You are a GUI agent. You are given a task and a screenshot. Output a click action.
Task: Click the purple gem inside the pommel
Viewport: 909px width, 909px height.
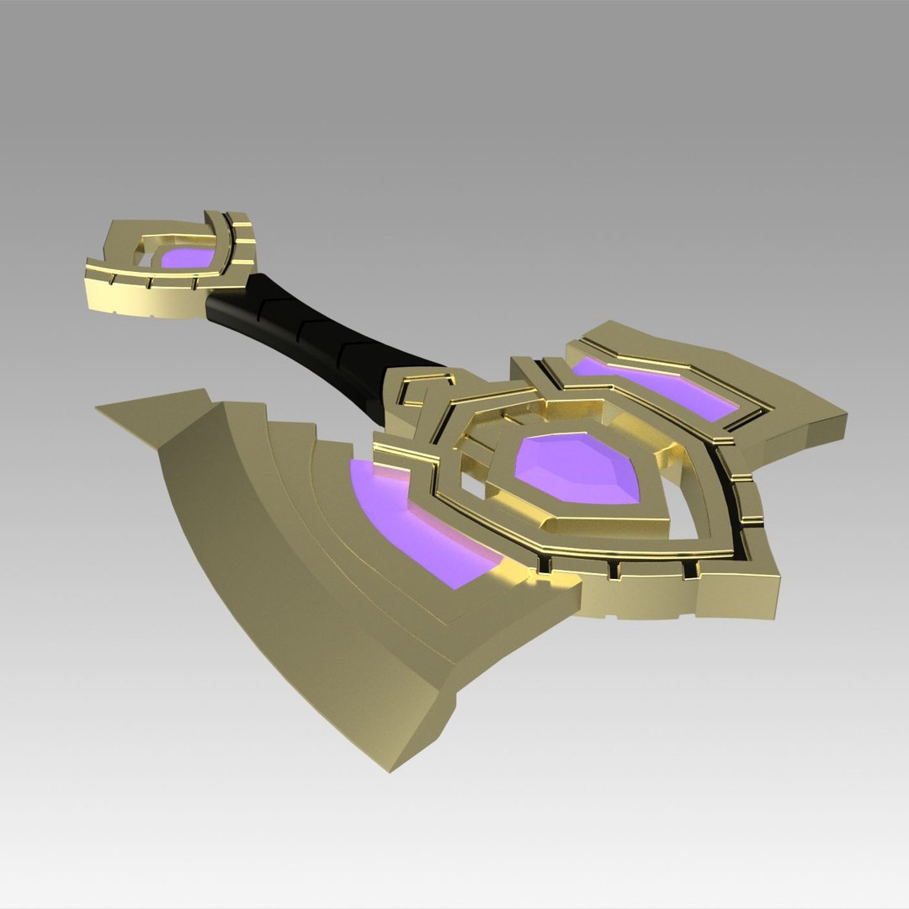187,258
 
